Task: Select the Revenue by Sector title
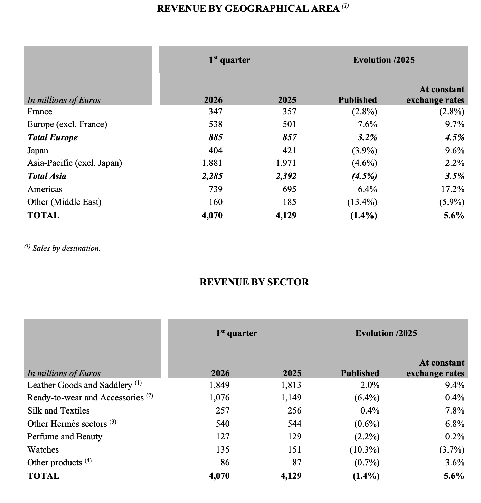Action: pos(254,282)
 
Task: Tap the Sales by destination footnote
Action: pos(63,248)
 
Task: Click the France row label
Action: pos(40,112)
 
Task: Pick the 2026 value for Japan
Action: pos(215,150)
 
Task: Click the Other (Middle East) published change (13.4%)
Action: pos(362,202)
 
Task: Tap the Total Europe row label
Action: pos(53,137)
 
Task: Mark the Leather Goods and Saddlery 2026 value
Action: pos(219,385)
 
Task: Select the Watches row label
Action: pos(43,449)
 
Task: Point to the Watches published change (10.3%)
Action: pos(364,449)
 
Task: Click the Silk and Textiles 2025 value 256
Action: pos(294,410)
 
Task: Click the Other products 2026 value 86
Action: pos(225,462)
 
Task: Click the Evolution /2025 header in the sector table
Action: pos(386,333)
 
